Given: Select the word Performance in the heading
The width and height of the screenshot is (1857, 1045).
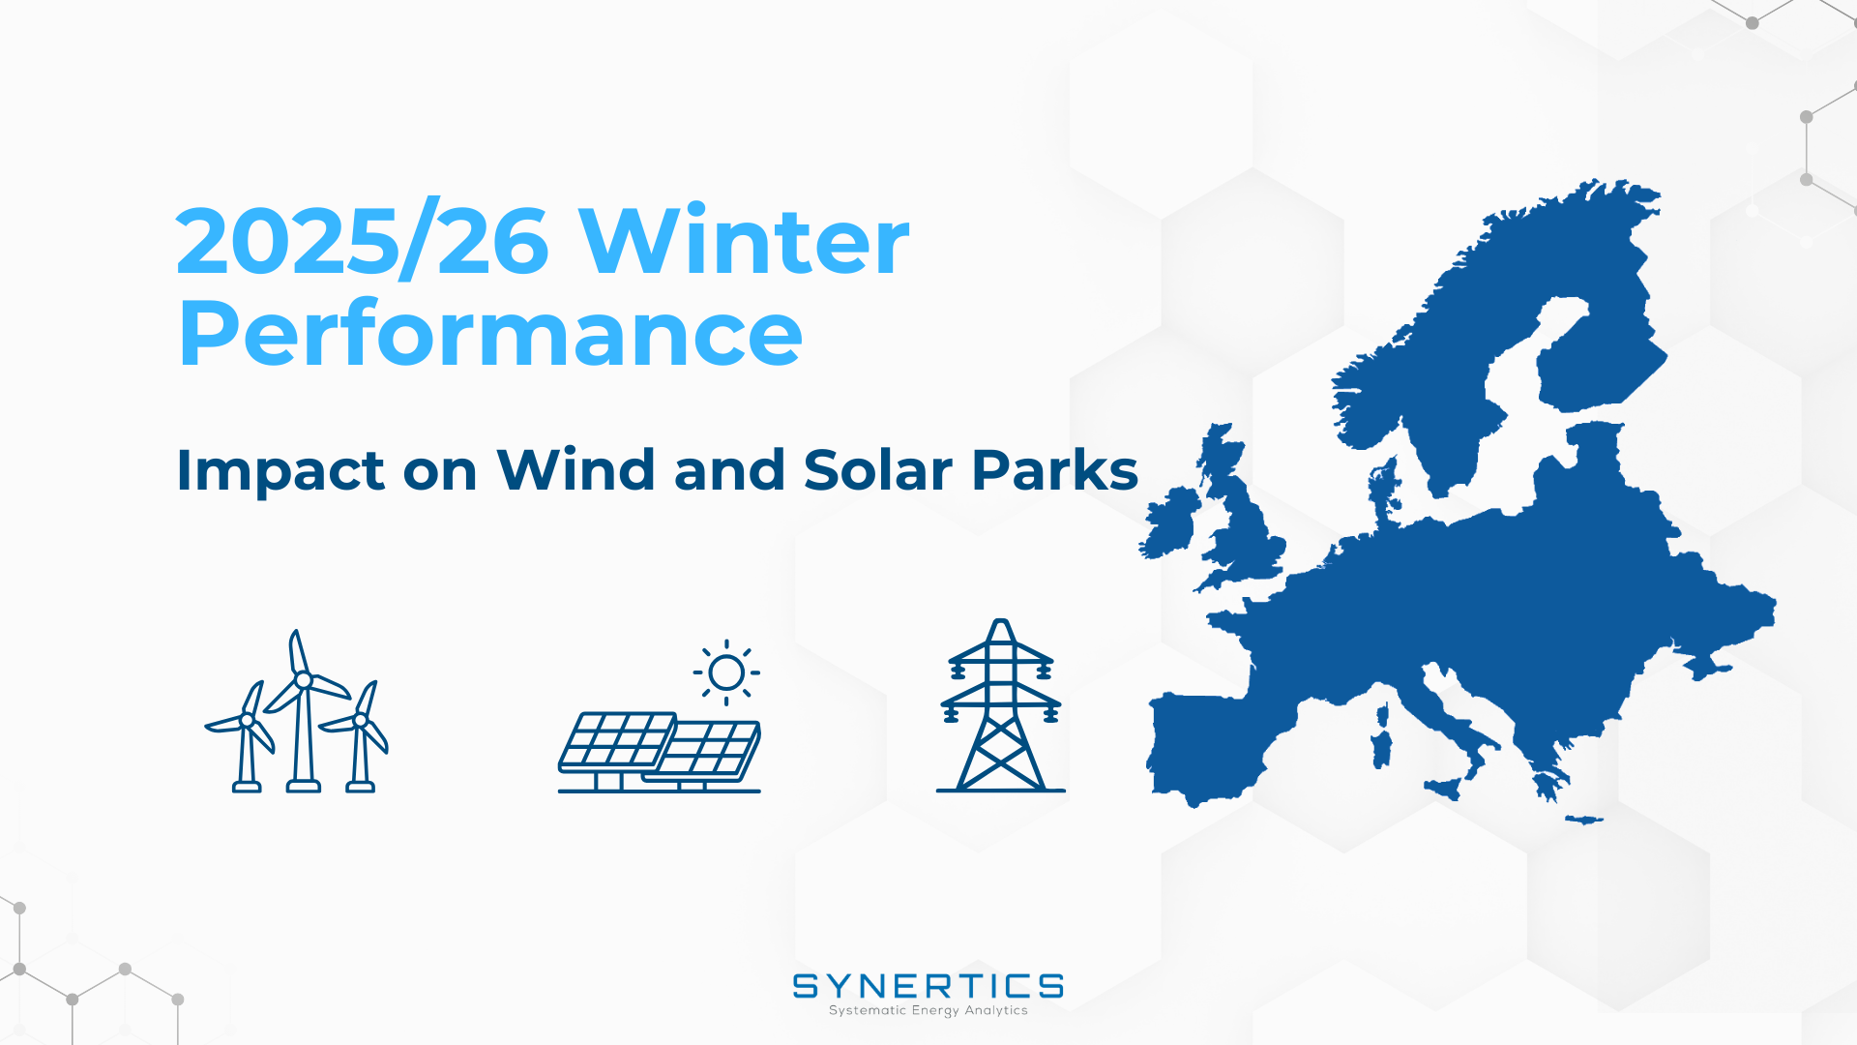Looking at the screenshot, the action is pyautogui.click(x=490, y=333).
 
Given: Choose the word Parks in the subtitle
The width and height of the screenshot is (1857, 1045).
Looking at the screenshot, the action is pyautogui.click(x=1055, y=470).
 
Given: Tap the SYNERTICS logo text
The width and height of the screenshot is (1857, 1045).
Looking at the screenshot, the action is pyautogui.click(x=928, y=986).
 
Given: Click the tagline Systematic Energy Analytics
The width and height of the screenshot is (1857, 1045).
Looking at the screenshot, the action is pyautogui.click(x=928, y=1010).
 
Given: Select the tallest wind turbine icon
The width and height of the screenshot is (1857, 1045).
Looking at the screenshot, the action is pyautogui.click(x=304, y=711).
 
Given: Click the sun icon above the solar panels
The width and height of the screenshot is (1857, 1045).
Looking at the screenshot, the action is pyautogui.click(x=726, y=672).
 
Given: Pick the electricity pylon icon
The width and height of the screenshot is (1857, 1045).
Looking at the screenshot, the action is pyautogui.click(x=1001, y=705).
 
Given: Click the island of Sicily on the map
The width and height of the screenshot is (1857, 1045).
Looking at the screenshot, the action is pyautogui.click(x=1444, y=788).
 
